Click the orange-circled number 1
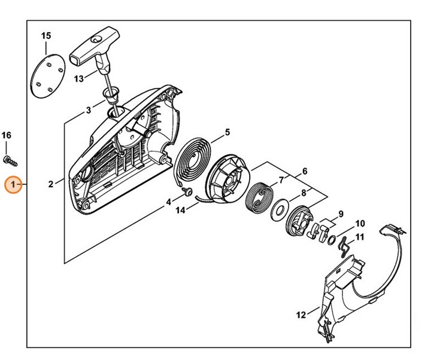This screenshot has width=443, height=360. (x=13, y=185)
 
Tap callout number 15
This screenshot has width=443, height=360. (x=47, y=36)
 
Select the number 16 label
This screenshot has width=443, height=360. (x=6, y=136)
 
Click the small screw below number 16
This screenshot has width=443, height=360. (x=10, y=159)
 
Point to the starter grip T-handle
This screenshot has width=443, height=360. (x=89, y=47)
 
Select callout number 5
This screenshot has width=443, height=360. (x=227, y=132)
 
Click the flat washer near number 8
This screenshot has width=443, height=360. (x=279, y=209)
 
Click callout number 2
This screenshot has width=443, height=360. (x=51, y=184)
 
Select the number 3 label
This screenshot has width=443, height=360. (x=88, y=109)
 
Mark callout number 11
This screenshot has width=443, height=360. (x=360, y=237)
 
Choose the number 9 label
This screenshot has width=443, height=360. (x=341, y=213)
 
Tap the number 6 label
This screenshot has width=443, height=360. (x=305, y=172)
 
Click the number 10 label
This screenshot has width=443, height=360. (x=360, y=224)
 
